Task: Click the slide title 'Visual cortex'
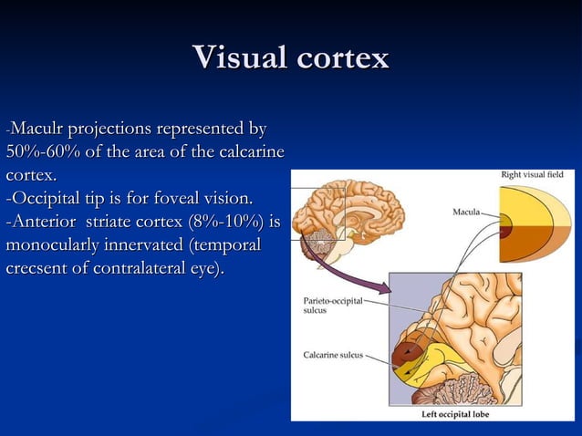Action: pos(291,57)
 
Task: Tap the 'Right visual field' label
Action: pos(532,173)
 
